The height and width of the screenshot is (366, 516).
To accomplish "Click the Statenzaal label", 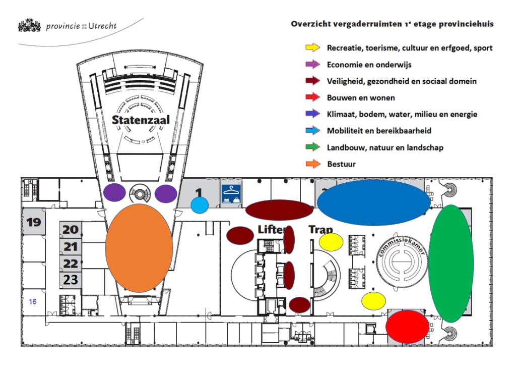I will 141,120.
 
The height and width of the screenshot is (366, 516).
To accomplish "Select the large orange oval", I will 139,248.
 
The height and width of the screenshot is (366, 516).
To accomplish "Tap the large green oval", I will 451,264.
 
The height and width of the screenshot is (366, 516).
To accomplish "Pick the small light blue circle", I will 200,205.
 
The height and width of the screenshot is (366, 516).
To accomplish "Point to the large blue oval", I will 373,202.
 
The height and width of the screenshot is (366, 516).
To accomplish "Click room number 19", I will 34,222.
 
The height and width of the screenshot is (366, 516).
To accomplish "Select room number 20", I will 71,230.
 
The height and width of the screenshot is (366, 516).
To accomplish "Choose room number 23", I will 71,279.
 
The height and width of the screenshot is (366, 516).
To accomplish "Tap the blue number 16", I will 33,301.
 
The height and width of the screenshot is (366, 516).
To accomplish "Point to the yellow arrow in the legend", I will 313,48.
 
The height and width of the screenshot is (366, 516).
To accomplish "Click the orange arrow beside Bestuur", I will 313,164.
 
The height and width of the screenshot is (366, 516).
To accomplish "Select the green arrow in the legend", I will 313,147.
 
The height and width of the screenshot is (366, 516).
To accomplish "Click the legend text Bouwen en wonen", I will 361,98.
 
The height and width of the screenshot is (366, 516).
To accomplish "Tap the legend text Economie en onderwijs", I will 369,65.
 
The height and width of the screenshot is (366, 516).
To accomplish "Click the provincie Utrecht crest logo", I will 29,25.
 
